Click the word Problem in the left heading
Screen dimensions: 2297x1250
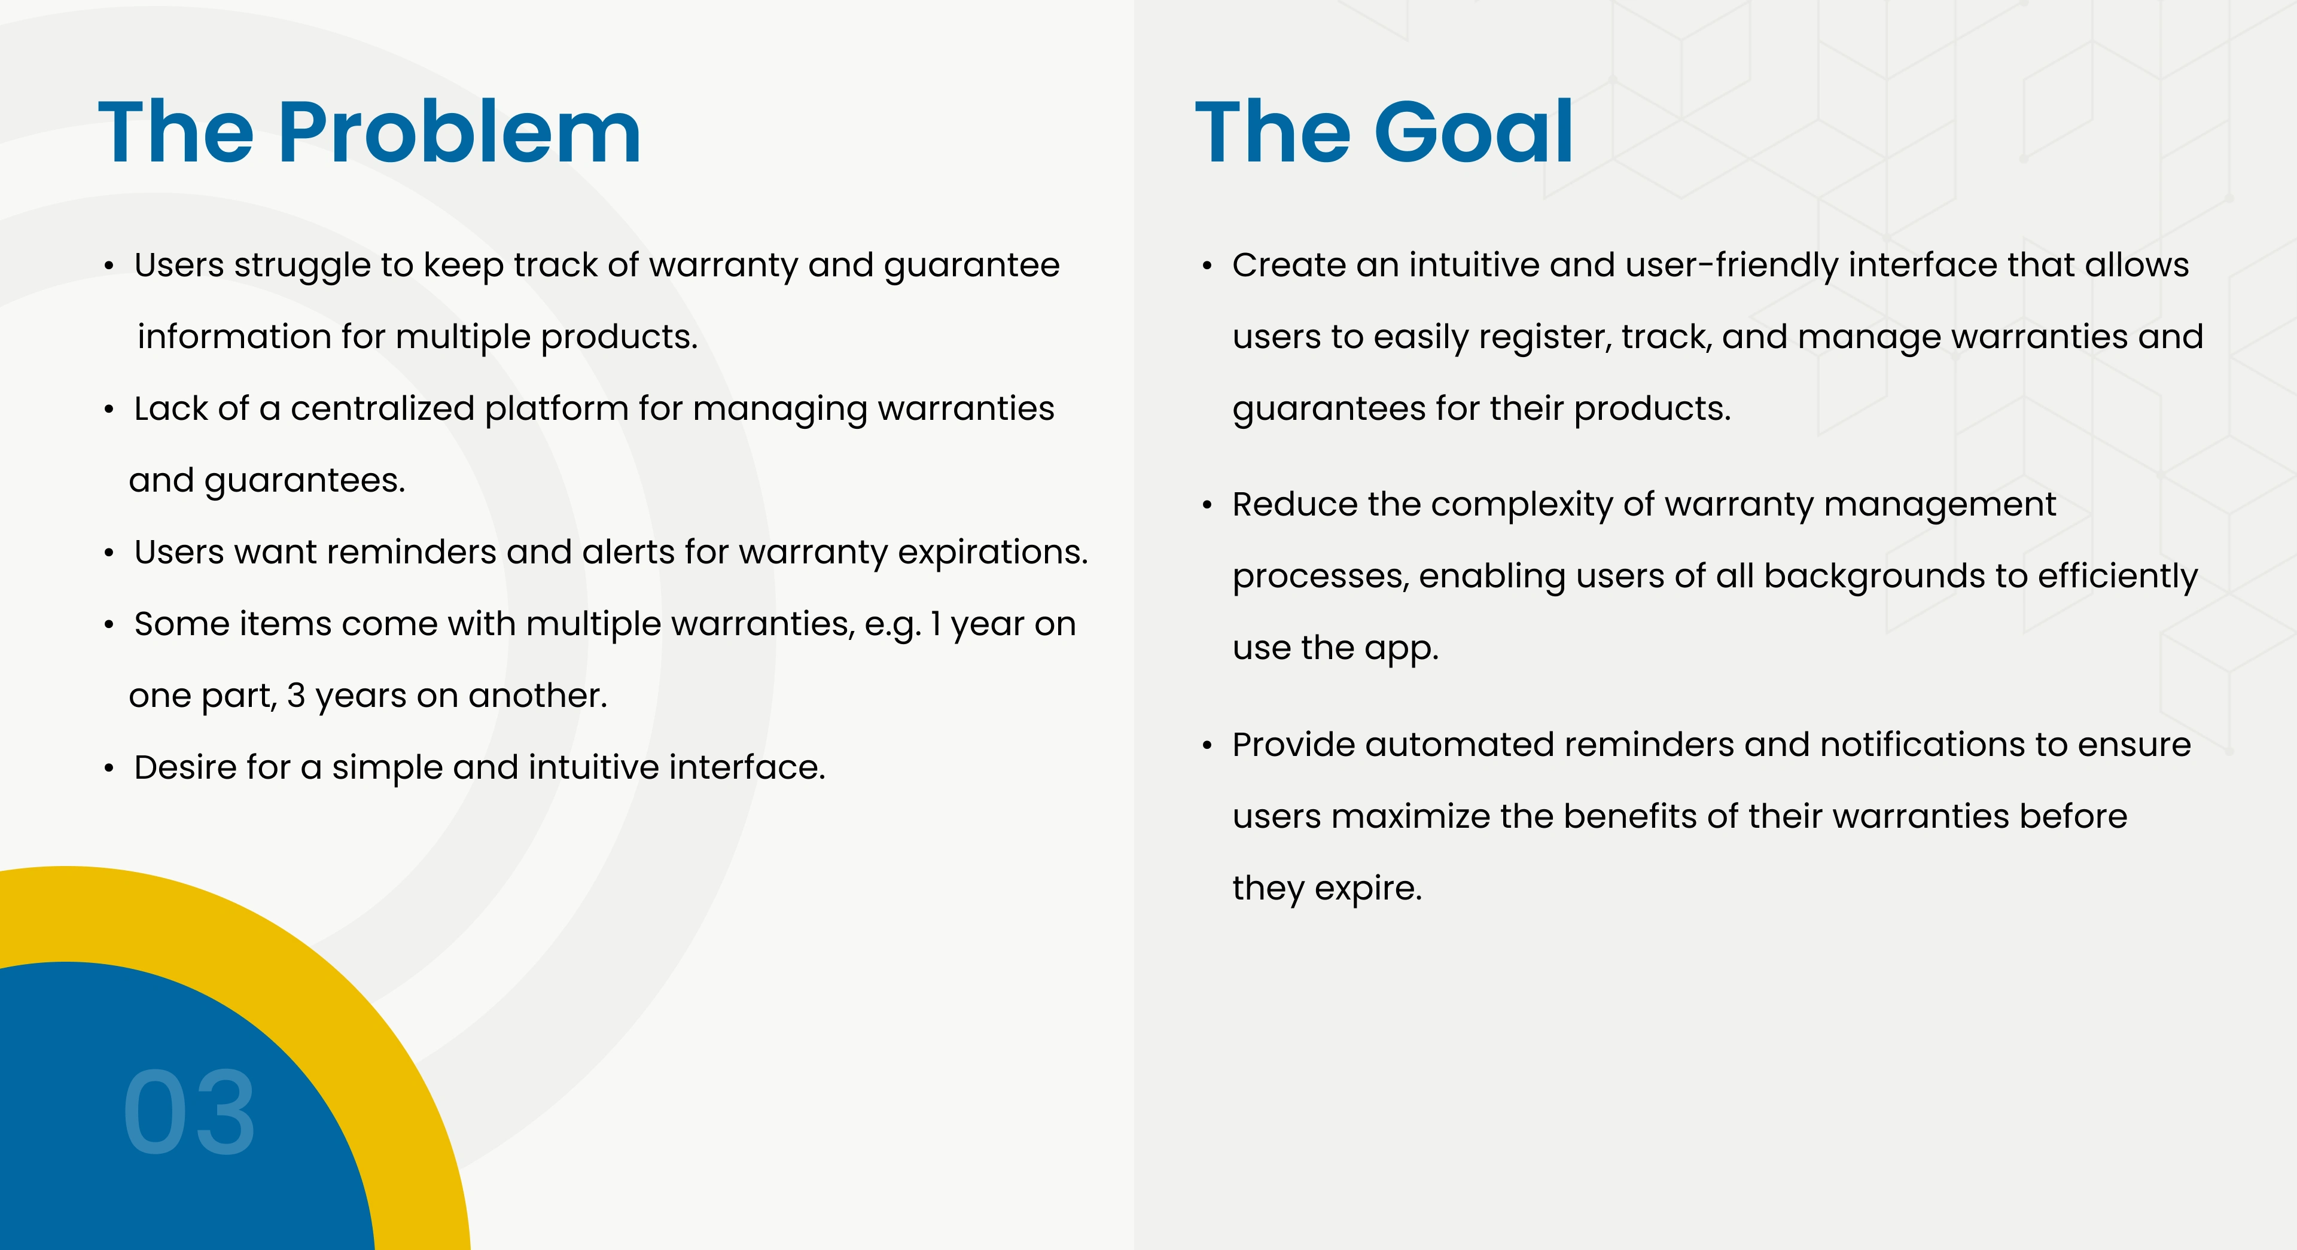[x=459, y=132]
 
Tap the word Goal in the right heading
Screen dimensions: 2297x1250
[x=1474, y=132]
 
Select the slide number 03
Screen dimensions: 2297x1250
[x=189, y=1112]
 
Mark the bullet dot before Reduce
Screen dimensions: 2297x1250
[x=1207, y=505]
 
